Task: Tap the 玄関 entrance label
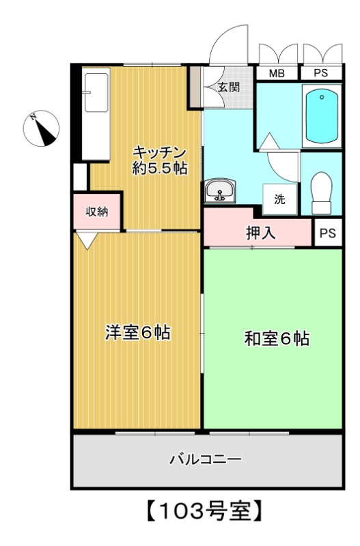point(229,87)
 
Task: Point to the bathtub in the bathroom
point(321,115)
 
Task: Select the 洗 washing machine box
point(280,199)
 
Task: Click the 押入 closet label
point(260,232)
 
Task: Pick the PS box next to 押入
point(328,233)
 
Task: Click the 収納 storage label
point(97,212)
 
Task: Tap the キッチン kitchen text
point(159,152)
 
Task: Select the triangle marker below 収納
point(87,240)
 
